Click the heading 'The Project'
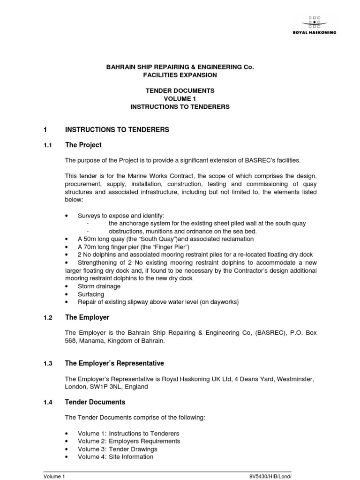pos(83,145)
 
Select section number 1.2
pos(47,317)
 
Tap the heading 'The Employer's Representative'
pos(114,363)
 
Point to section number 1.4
pos(47,402)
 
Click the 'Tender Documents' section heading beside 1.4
pos(95,402)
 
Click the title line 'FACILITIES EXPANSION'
pos(180,75)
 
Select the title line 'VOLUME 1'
pos(180,99)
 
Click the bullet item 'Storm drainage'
pos(99,286)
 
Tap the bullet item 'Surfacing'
pos(91,294)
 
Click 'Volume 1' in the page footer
pos(54,476)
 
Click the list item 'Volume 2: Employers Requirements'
pos(129,441)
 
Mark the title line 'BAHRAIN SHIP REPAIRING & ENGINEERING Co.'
pos(180,67)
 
